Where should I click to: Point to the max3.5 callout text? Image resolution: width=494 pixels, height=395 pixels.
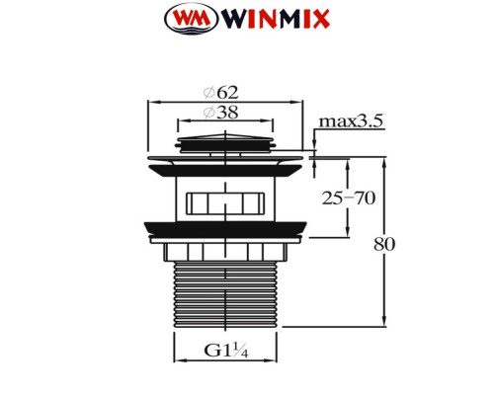[351, 121]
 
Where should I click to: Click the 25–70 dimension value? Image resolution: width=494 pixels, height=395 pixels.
[349, 197]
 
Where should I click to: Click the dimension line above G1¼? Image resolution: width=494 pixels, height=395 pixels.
[225, 362]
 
